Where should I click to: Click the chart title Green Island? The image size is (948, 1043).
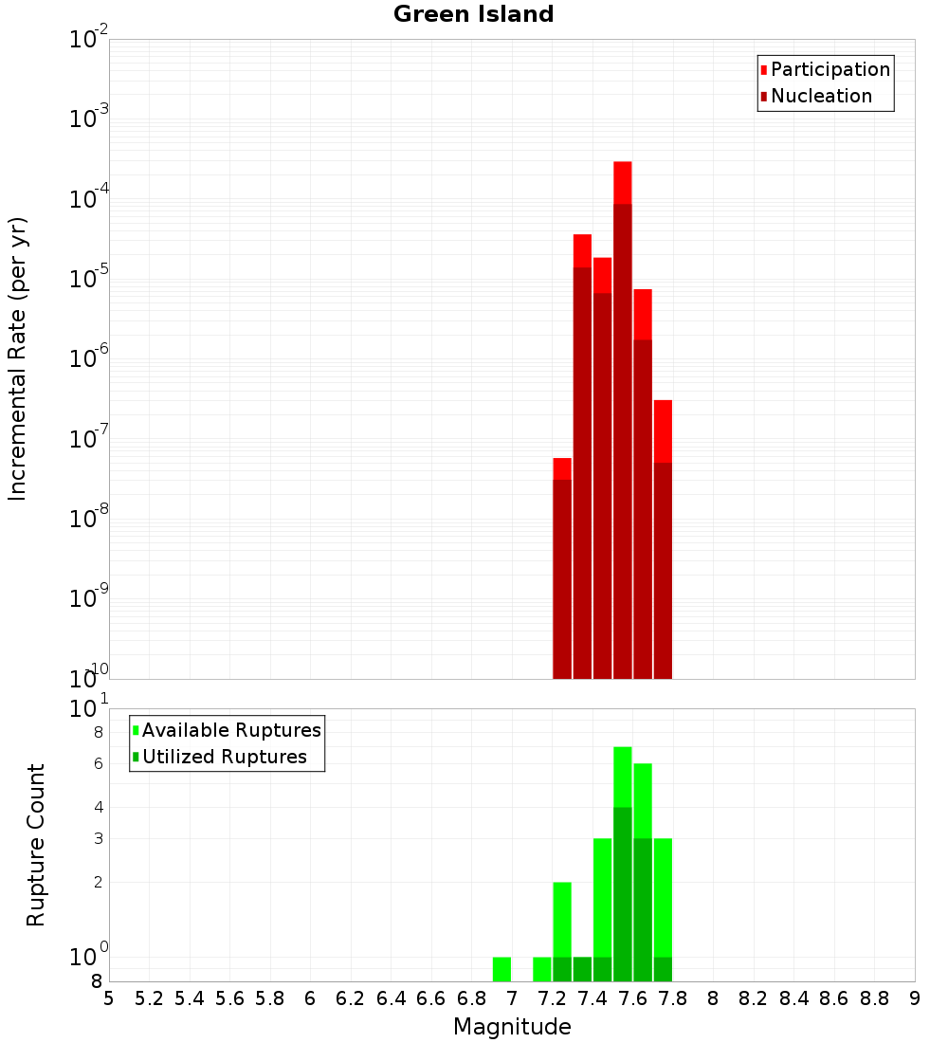[x=473, y=14]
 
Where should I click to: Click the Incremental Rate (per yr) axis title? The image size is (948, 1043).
[x=18, y=359]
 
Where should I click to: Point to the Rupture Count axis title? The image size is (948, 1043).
[x=36, y=845]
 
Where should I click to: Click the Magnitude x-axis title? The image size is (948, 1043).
[x=512, y=1027]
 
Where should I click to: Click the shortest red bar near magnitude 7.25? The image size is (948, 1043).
[x=562, y=569]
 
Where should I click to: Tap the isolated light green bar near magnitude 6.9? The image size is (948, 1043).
[x=501, y=969]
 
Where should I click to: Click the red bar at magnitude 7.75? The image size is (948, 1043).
[x=663, y=540]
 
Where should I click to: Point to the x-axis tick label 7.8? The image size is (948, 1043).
[x=673, y=998]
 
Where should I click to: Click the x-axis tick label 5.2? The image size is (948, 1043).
[x=150, y=998]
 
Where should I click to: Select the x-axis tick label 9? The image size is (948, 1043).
[x=915, y=998]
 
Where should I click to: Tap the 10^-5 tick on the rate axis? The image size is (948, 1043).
[x=89, y=281]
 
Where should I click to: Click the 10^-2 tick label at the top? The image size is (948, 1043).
[x=89, y=41]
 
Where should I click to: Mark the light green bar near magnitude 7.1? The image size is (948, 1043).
[x=542, y=969]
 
